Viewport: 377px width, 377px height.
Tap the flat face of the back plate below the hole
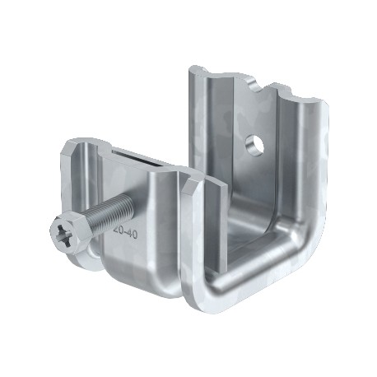click(255, 189)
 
